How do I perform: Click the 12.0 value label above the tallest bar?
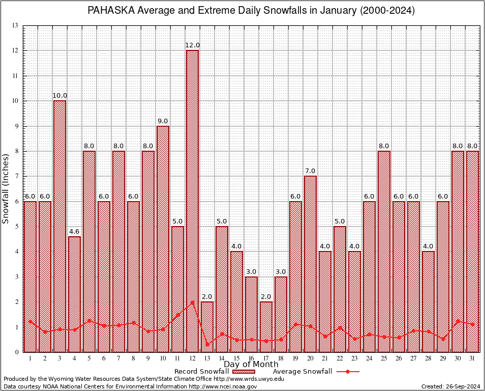pyautogui.click(x=192, y=45)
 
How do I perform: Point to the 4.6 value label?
pyautogui.click(x=74, y=232)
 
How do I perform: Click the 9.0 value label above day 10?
pyautogui.click(x=163, y=121)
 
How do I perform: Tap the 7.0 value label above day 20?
pyautogui.click(x=310, y=171)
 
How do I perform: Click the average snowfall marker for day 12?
pyautogui.click(x=192, y=302)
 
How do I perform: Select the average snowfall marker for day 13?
pyautogui.click(x=207, y=345)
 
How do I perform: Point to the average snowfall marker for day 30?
pyautogui.click(x=458, y=321)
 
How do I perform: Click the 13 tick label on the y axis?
pyautogui.click(x=16, y=25)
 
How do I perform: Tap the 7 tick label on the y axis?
pyautogui.click(x=17, y=176)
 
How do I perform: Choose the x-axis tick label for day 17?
pyautogui.click(x=266, y=358)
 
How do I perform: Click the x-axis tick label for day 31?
pyautogui.click(x=472, y=358)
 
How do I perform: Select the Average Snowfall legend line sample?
pyautogui.click(x=348, y=372)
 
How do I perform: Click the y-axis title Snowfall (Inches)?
pyautogui.click(x=6, y=188)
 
